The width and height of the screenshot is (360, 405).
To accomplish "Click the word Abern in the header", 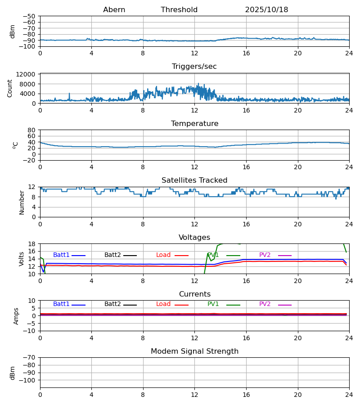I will (x=114, y=10).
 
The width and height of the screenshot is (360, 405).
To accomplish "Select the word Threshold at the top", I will (x=179, y=10).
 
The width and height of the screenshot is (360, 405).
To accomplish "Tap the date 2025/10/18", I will (x=266, y=10).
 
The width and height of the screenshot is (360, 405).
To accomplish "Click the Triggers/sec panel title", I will (x=194, y=67).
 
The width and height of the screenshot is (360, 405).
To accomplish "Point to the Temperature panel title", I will (x=194, y=124).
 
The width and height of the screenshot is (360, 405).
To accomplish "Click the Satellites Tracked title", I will (x=194, y=180).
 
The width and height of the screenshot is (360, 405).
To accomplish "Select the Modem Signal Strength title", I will (x=194, y=351).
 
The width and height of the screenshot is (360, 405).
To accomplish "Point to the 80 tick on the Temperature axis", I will (x=31, y=130).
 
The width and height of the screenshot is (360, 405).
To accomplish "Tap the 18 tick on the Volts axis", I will (x=31, y=244).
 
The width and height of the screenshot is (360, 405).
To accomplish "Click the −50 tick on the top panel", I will (x=29, y=16).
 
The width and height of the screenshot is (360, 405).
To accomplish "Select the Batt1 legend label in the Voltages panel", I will (x=61, y=255).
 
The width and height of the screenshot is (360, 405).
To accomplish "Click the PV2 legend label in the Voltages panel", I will (x=267, y=255).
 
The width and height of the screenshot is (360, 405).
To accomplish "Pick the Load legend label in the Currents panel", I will (x=163, y=304).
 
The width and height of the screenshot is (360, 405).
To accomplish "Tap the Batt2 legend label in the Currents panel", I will (x=112, y=304).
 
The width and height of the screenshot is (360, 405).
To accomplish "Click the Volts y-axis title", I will (x=22, y=259).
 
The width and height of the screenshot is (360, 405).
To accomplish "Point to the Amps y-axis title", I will (x=17, y=316).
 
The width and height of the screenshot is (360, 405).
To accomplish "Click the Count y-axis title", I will (x=10, y=88).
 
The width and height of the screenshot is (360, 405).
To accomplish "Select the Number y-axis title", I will (x=22, y=202).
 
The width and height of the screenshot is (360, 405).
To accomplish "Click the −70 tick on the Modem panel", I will (x=29, y=357).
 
